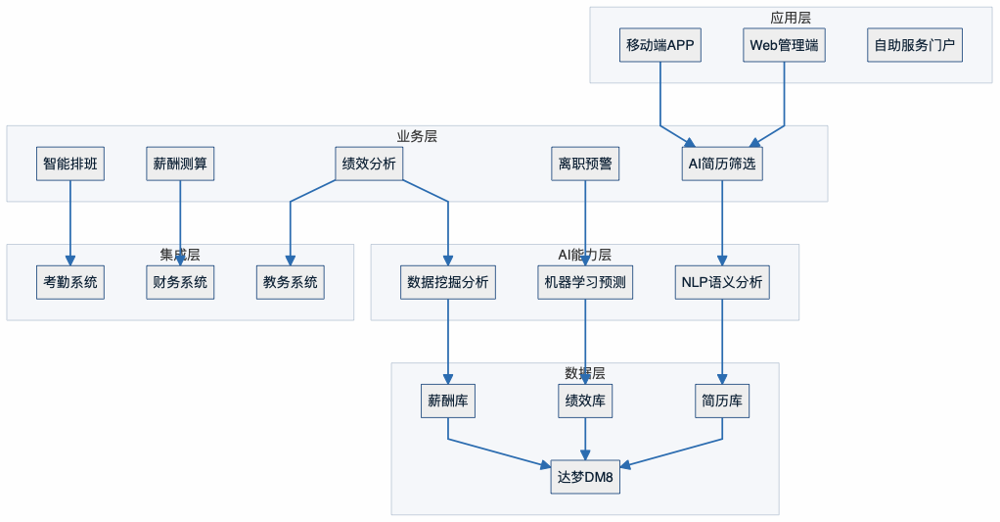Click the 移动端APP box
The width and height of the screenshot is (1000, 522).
point(660,45)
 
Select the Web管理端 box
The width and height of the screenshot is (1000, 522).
point(784,45)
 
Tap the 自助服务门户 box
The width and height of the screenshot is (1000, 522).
point(914,45)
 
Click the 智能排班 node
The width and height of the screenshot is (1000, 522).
point(70,164)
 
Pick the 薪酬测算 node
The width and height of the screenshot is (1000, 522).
point(180,164)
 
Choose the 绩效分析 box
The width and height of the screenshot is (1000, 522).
point(368,164)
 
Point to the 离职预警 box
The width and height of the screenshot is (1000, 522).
point(585,164)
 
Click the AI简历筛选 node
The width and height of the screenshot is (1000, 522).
point(722,164)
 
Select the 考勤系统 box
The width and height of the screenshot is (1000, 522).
point(70,282)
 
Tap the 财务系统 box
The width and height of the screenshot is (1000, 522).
point(180,282)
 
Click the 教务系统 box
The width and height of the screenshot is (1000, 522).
point(291,282)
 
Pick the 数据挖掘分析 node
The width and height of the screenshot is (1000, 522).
point(448,282)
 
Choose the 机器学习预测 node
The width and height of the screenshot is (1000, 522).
point(585,282)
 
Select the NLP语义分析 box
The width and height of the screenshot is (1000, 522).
point(722,282)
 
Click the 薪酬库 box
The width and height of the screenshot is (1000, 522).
point(448,401)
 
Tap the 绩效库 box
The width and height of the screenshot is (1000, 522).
point(585,401)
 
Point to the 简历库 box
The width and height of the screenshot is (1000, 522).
point(722,401)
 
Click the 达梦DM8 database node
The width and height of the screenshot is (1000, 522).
point(585,477)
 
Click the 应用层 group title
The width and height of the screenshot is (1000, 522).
point(791,18)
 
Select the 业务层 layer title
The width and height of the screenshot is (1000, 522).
point(417,136)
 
